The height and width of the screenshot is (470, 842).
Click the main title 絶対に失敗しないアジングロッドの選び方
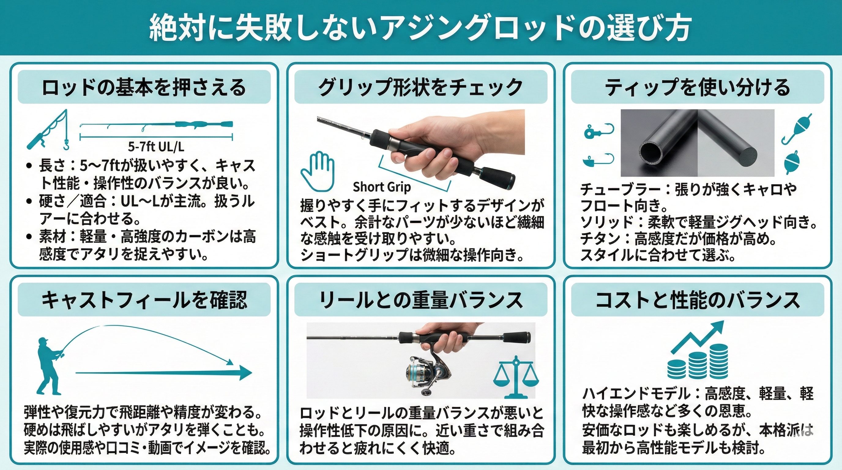pos(420,28)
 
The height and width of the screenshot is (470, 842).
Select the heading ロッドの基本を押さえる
pos(144,88)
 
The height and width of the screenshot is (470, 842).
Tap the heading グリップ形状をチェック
pos(421,88)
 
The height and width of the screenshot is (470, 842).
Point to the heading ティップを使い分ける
pos(698,88)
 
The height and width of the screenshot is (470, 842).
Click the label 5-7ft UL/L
pos(156,147)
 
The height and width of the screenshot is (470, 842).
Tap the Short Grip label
pos(382,187)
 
